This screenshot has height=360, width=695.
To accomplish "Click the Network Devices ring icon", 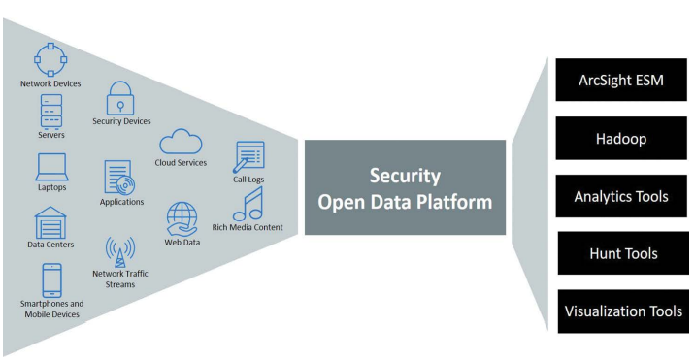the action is tap(50, 47).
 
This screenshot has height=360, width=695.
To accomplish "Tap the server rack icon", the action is tap(51, 112).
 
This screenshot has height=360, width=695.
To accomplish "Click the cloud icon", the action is tap(181, 142).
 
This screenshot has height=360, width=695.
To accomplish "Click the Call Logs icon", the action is tap(248, 156).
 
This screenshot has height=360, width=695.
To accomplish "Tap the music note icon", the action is tap(248, 205).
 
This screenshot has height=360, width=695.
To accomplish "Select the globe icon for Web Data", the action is tap(182, 219).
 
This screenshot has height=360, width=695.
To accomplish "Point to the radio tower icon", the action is tap(120, 252).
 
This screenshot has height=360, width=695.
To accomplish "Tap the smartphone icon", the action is tap(51, 280).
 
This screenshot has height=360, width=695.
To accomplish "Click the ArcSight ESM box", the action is tap(621, 80).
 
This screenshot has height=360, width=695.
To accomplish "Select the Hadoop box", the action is tap(621, 139).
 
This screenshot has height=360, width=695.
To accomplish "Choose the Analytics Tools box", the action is tap(621, 196).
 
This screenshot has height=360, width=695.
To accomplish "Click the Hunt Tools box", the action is tap(623, 253).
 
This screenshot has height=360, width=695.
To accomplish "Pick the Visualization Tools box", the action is tap(623, 311).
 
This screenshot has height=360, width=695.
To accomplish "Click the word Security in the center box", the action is tap(405, 176).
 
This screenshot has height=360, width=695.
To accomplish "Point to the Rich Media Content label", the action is tap(248, 227).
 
